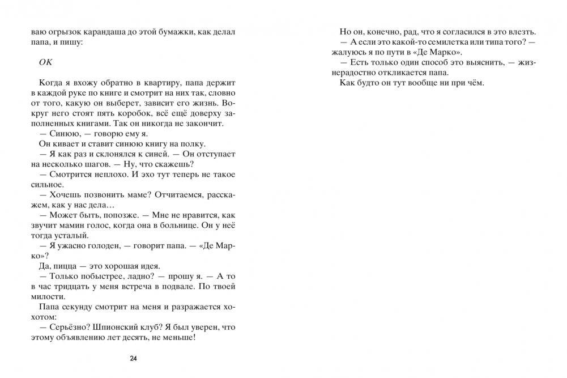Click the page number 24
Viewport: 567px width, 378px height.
133,358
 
